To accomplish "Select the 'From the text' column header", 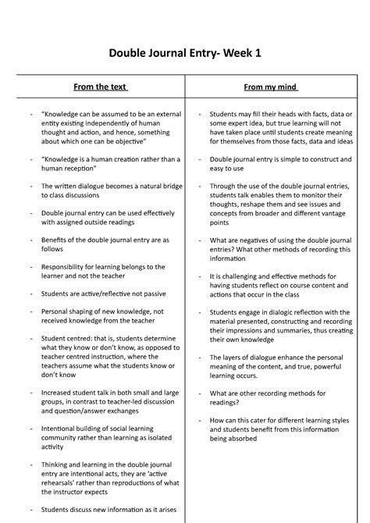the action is pos(100,86).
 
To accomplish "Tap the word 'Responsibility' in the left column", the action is pos(67,266).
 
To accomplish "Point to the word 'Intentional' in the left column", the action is pos(62,429).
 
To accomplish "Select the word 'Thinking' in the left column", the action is pos(58,464).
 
